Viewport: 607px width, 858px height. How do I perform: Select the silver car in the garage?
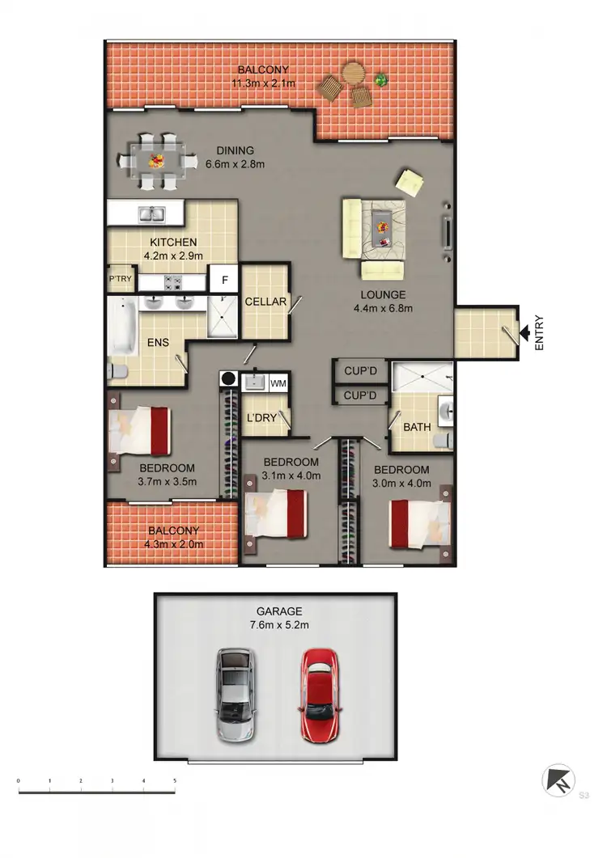tap(235, 695)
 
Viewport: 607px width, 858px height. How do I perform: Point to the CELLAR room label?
tap(265, 302)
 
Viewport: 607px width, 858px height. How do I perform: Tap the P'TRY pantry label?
tap(120, 280)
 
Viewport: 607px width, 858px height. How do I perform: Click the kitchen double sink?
tap(151, 214)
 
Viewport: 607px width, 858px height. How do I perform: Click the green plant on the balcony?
tap(380, 79)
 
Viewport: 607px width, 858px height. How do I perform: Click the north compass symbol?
tap(558, 781)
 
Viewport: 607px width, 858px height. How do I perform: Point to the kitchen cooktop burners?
tap(172, 282)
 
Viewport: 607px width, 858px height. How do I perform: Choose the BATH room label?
tap(417, 427)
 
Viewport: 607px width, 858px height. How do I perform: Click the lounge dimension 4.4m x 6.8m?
tap(384, 308)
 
